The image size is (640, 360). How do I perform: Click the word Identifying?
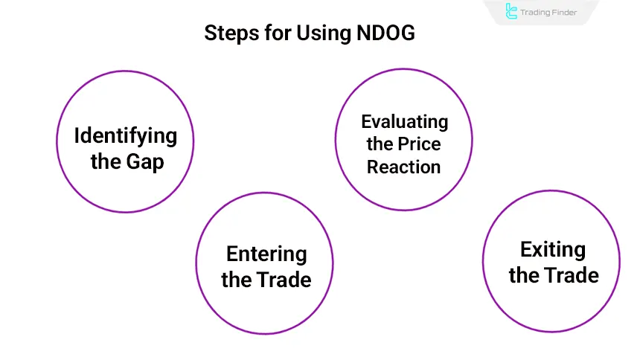click(125, 135)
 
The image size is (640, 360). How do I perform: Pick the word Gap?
click(146, 161)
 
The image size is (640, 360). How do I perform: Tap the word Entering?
click(266, 254)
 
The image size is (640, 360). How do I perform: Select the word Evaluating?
click(404, 121)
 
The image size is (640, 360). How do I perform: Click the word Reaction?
click(404, 167)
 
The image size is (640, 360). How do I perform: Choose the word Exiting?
click(552, 249)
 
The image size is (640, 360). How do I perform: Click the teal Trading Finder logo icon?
click(511, 12)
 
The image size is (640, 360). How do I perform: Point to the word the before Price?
click(381, 144)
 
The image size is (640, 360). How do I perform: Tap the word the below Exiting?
click(524, 275)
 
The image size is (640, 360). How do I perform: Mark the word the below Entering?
click(237, 280)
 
